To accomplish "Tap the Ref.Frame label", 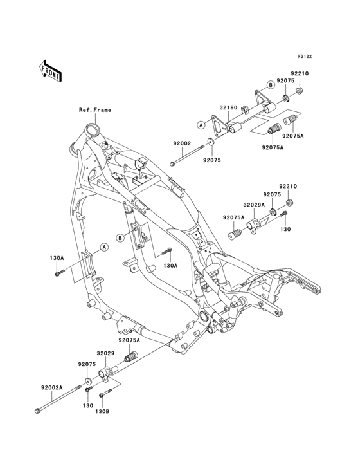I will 95,110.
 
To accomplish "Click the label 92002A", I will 51,387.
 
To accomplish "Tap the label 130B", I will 102,411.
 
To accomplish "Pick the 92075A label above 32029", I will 129,340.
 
